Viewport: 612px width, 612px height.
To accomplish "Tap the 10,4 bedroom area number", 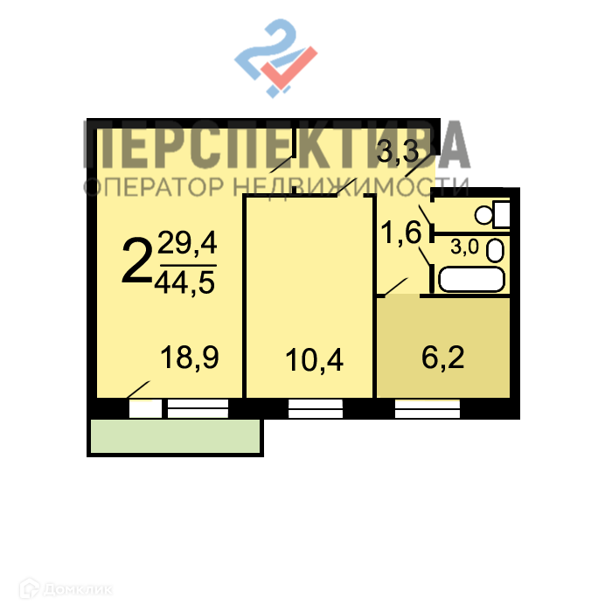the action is (x=314, y=358).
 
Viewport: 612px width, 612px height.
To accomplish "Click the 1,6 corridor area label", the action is (x=401, y=233).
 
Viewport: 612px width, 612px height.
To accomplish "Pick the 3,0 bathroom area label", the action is (x=464, y=247).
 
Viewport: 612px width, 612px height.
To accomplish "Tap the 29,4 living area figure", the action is (x=186, y=244).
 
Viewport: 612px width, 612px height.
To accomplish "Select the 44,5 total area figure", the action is (x=185, y=283).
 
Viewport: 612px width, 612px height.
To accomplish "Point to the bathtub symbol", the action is (x=471, y=280).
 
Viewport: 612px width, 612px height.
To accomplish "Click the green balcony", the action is (x=176, y=435).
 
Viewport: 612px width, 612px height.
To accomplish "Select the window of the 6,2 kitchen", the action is (x=427, y=408).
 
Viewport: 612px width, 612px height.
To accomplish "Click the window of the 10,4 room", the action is (x=316, y=408).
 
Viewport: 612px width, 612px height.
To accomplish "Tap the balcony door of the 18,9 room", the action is (x=145, y=408).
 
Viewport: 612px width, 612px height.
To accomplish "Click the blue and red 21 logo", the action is (x=275, y=59).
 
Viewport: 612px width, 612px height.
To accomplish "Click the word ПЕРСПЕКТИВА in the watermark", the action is (x=276, y=146).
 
